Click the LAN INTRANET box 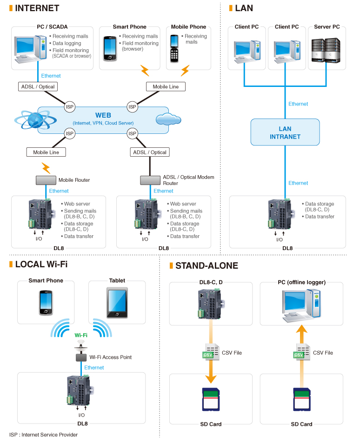click(x=285, y=132)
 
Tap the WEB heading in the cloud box click(x=103, y=115)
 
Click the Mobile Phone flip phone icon click(x=174, y=48)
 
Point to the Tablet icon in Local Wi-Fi click(x=117, y=303)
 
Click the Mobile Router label click(x=74, y=180)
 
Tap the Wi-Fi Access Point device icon click(x=81, y=357)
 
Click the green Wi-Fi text click(x=81, y=335)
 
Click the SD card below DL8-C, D click(x=211, y=399)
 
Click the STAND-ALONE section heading click(x=207, y=266)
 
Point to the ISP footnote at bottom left click(x=43, y=435)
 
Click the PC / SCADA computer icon click(x=29, y=49)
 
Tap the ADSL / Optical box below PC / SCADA click(x=38, y=86)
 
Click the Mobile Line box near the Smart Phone click(x=166, y=86)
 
